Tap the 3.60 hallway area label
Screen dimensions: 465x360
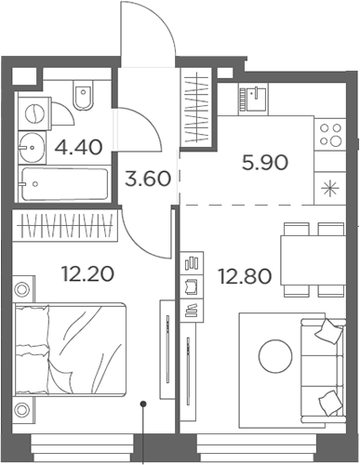(x=147, y=179)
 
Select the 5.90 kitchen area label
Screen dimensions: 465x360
(x=264, y=163)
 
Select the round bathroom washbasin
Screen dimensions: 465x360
(x=33, y=145)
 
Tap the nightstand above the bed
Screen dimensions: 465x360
(x=23, y=289)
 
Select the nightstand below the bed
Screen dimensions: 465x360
(x=23, y=410)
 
